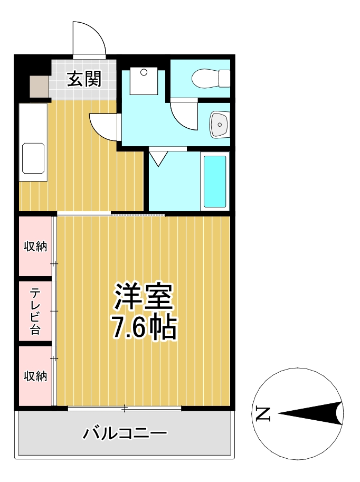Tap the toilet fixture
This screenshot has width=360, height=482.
coord(210,79)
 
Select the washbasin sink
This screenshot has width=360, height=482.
coord(219,125)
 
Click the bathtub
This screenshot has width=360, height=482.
coord(215,182)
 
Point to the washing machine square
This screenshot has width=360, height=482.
coord(144,80)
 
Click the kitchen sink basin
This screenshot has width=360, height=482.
coord(33,159)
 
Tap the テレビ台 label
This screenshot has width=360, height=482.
coord(35,311)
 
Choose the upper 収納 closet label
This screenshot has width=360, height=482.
coord(35,246)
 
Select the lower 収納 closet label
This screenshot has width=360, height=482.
coord(35,376)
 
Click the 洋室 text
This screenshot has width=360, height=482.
coord(144,297)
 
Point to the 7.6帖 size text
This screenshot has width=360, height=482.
coord(143,328)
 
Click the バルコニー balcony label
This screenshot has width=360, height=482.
coord(125,434)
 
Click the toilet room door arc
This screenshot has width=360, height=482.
coord(183,115)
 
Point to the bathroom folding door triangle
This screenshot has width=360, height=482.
coord(158,158)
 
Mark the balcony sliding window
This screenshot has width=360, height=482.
coord(125,408)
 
